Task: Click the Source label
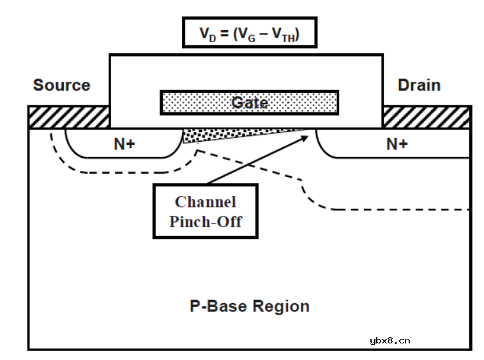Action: click(61, 85)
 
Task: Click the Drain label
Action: click(419, 85)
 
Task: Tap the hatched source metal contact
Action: click(69, 117)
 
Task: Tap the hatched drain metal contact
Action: click(427, 117)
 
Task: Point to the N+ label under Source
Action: click(125, 144)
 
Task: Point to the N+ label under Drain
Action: click(397, 144)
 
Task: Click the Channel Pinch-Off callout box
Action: click(205, 212)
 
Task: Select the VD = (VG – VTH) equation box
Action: click(250, 33)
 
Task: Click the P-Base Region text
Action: click(250, 306)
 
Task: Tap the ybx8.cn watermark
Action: click(389, 340)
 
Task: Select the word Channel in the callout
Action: click(205, 202)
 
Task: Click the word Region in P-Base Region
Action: click(280, 306)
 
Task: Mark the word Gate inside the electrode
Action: click(249, 102)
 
